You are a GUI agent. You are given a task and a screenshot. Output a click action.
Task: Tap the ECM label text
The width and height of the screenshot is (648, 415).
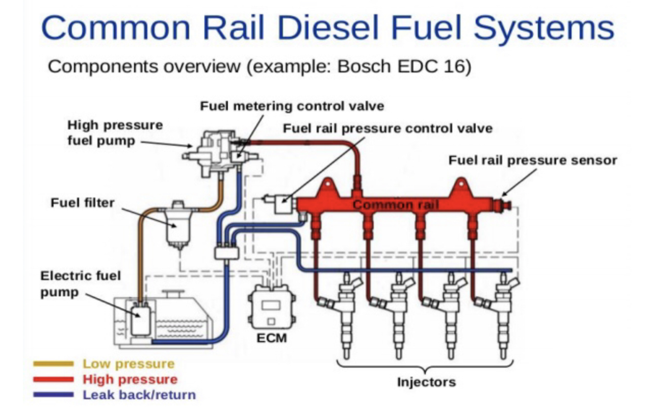click(271, 338)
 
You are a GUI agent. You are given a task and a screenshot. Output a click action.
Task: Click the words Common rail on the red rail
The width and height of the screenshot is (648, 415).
click(396, 205)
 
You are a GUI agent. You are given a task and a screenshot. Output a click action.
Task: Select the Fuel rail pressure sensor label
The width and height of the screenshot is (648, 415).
click(532, 161)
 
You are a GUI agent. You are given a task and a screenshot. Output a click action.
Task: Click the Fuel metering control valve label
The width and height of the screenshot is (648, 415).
click(292, 107)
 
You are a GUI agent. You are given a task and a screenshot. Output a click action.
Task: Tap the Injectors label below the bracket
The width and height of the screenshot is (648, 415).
click(426, 382)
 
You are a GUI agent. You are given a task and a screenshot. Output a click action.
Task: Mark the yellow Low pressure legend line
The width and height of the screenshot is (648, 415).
click(53, 364)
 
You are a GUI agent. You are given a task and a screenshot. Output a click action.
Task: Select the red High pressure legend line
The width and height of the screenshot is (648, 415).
click(53, 379)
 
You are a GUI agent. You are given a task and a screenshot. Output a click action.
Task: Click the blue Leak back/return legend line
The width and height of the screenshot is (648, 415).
click(53, 395)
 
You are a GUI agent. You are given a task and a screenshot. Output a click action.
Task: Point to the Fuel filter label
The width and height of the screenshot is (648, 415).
click(82, 203)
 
